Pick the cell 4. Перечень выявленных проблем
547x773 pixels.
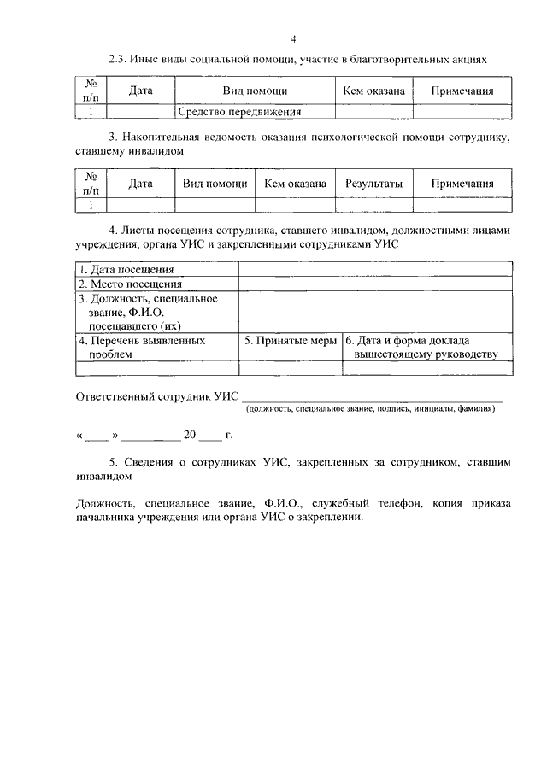142,347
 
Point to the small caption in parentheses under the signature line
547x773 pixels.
371,409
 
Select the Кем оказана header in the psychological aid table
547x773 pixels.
295,183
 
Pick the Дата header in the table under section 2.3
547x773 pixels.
141,90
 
